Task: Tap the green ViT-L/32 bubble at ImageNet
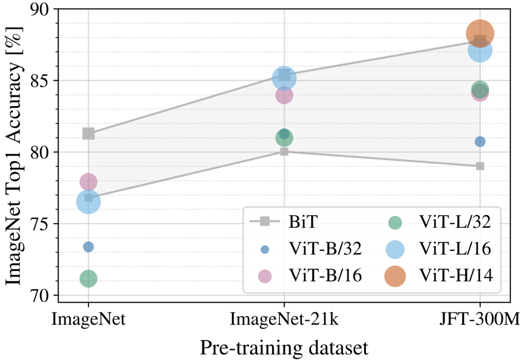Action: click(88, 279)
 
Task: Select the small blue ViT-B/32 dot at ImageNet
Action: click(88, 247)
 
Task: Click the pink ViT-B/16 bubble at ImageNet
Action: click(88, 182)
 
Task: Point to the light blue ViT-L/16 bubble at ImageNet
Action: click(88, 202)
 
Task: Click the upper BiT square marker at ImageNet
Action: click(88, 133)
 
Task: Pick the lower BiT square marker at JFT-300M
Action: click(480, 166)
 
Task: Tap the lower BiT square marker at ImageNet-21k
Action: click(284, 151)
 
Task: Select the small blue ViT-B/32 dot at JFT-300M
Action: click(480, 141)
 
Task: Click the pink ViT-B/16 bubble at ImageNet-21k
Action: click(284, 95)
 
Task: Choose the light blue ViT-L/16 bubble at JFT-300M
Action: click(480, 51)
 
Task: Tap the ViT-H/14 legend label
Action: click(456, 277)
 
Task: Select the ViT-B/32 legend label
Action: click(322, 249)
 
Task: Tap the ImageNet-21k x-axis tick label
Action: click(284, 318)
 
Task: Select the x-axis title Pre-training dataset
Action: click(284, 347)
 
